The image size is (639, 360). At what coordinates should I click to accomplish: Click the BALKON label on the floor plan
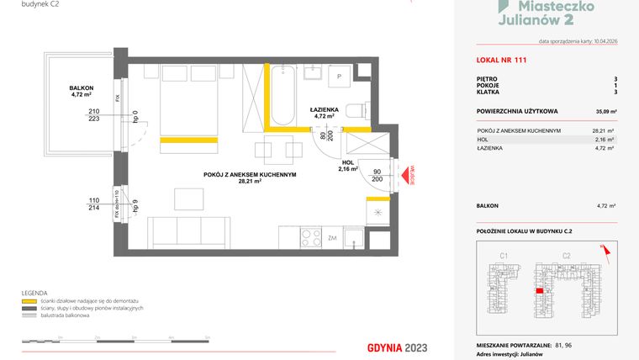pos(82,88)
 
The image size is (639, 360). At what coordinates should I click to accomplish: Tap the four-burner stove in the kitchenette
pos(310,237)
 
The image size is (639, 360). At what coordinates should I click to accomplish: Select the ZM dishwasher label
pos(333,237)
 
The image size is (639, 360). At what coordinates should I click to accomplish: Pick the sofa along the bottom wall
pos(188,231)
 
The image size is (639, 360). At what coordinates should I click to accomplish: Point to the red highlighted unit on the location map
pos(538,290)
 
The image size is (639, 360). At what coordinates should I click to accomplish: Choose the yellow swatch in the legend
pos(29,300)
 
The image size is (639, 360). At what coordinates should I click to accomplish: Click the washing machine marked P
pos(339,76)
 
